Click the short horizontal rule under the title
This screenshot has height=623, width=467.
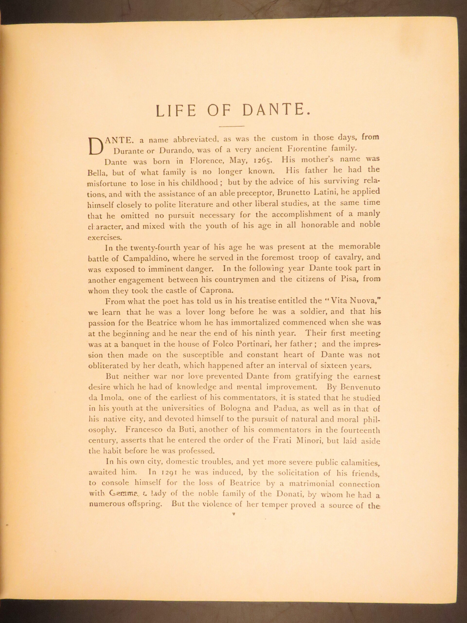(x=231, y=126)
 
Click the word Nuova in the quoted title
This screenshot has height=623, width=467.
(x=363, y=301)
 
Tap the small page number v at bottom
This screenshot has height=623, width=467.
(x=234, y=513)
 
